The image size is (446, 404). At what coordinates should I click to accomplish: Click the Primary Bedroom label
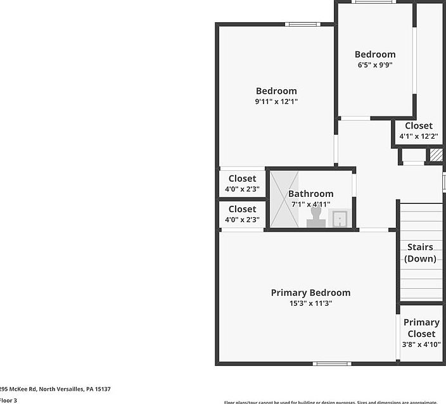coord(310,293)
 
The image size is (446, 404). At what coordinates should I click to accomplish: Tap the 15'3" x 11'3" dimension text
coord(310,303)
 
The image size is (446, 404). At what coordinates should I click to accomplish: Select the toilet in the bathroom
coord(315,217)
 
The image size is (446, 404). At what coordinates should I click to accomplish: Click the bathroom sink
coord(340,218)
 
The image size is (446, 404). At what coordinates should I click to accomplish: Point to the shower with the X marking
coord(284,199)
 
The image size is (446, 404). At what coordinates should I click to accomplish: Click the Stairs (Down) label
coord(420,253)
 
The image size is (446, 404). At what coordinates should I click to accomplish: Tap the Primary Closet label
coord(421,328)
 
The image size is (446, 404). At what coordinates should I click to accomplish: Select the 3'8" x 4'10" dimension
coord(421,344)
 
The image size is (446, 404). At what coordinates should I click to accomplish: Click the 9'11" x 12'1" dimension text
coord(276,101)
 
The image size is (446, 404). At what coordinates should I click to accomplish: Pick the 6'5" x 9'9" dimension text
coord(375,65)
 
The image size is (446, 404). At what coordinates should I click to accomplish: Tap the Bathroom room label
coord(310,194)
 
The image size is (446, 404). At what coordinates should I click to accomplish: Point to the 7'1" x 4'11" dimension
coord(310,204)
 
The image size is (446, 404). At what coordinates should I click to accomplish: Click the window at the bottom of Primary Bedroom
coord(332,363)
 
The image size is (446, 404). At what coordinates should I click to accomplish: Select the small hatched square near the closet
coord(436,155)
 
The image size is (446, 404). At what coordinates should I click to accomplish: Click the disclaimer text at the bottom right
coord(330,401)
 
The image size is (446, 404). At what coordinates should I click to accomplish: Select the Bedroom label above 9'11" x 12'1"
coord(276,91)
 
